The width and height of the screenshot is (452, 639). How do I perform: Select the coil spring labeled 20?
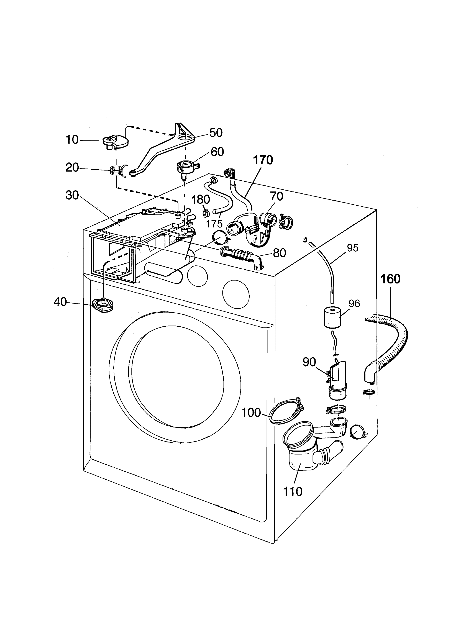(117, 170)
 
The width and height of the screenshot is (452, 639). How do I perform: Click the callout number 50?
(216, 133)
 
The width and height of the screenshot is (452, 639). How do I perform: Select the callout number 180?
(201, 199)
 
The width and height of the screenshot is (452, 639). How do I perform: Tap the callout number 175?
(214, 224)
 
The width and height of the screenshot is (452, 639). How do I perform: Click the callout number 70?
(277, 197)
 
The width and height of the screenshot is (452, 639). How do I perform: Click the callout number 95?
(353, 248)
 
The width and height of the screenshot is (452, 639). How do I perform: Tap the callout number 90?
(309, 362)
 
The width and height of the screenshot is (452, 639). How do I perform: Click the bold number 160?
(390, 279)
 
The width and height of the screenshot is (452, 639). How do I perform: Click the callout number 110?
(292, 491)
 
